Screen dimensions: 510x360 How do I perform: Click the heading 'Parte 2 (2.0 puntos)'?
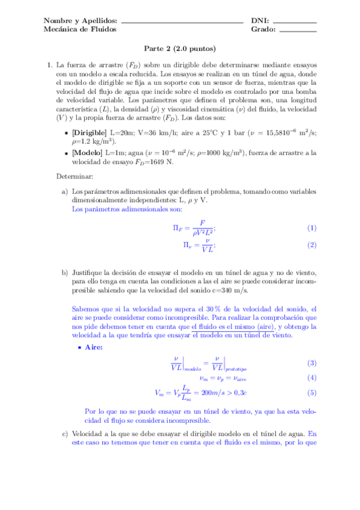(180, 49)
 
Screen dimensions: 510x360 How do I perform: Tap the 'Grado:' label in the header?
(264, 29)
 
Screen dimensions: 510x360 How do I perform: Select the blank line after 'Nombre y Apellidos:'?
(182, 22)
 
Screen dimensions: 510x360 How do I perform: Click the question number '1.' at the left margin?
(49, 64)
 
